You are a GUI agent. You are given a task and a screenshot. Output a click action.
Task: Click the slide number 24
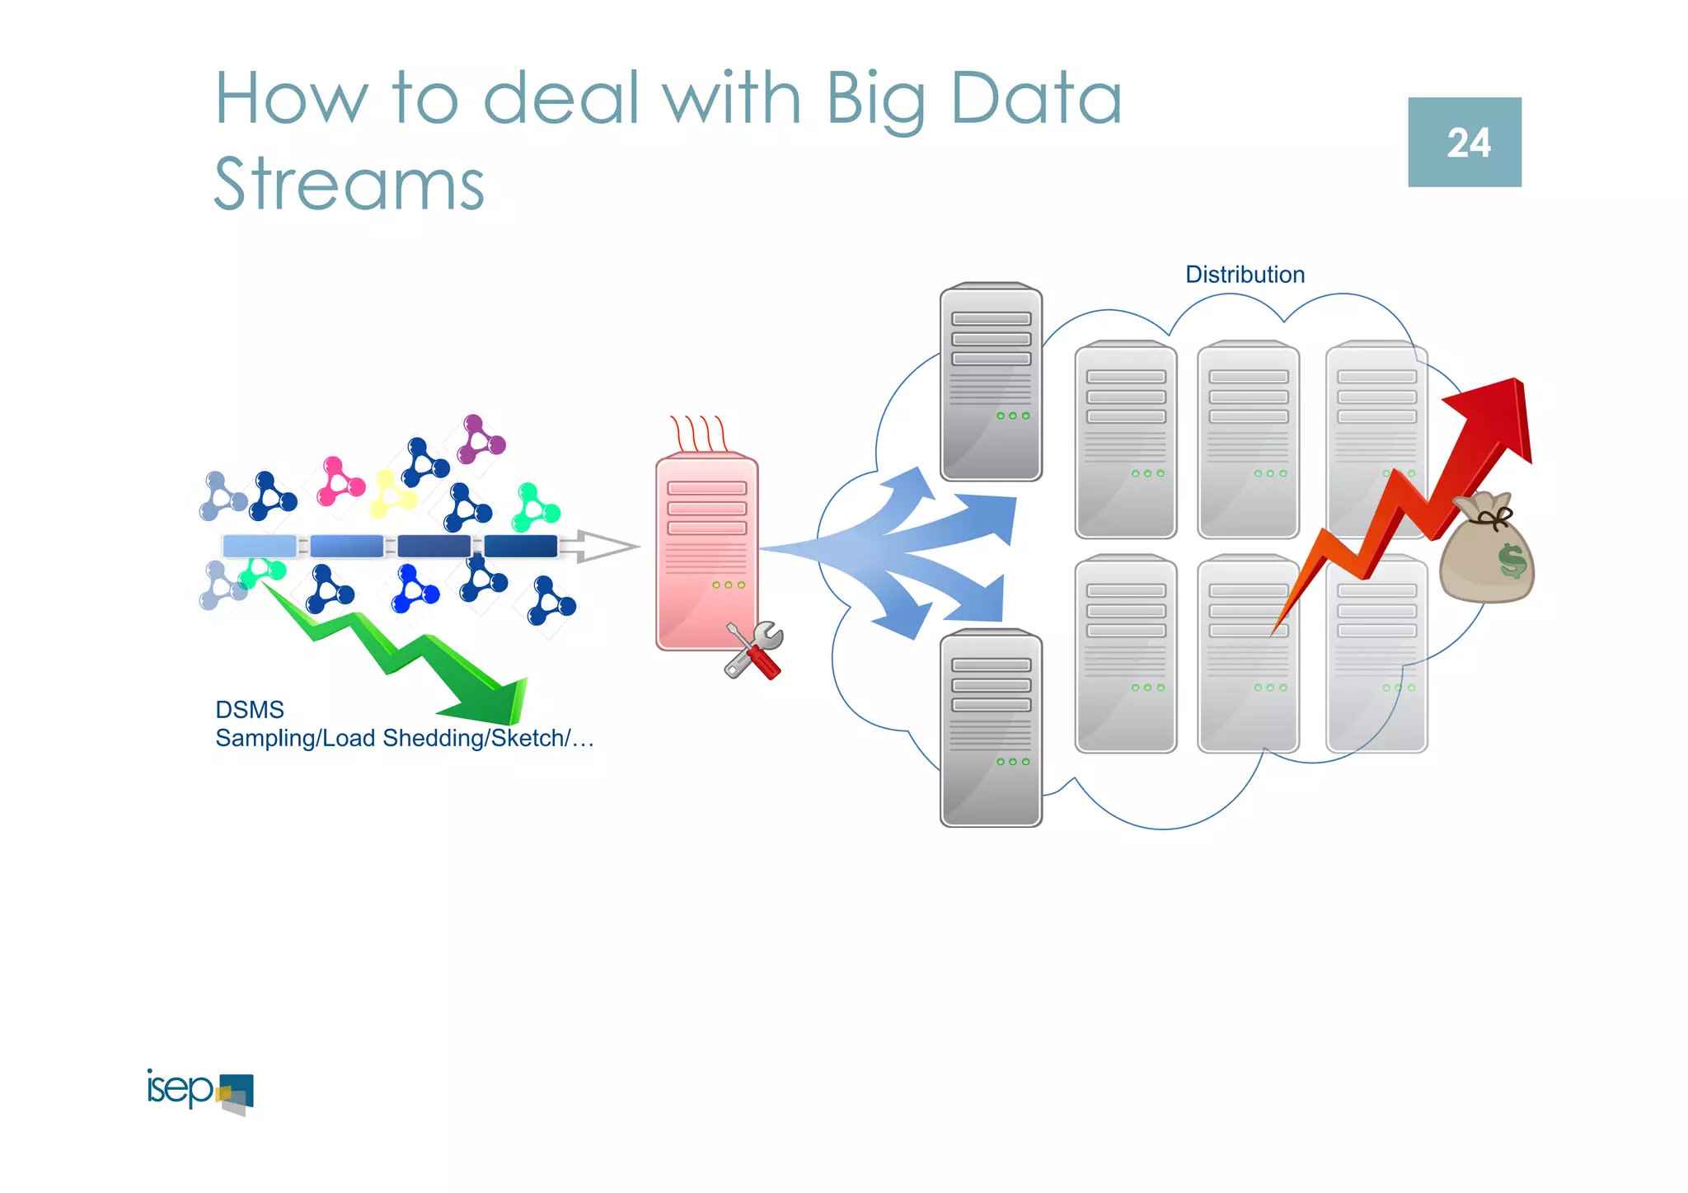(x=1468, y=143)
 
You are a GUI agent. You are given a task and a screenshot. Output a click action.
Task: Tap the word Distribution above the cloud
(x=1245, y=275)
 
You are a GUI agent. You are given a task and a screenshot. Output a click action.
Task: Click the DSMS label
(x=249, y=710)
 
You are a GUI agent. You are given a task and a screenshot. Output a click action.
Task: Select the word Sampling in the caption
(x=265, y=738)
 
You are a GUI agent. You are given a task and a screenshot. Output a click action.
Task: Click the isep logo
(x=199, y=1091)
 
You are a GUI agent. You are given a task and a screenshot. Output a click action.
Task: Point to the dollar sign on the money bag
(x=1512, y=561)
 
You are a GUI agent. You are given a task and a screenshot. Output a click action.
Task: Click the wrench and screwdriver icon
(x=754, y=651)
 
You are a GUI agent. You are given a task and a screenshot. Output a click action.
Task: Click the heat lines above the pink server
(x=698, y=432)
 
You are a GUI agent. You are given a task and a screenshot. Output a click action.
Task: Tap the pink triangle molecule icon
(x=339, y=481)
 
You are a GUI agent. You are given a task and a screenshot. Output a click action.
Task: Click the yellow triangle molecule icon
(x=392, y=494)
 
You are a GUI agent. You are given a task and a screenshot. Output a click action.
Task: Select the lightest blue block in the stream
(x=259, y=546)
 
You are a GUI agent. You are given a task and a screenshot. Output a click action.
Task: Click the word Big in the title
(x=875, y=99)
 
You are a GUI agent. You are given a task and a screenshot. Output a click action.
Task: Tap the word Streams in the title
(x=349, y=184)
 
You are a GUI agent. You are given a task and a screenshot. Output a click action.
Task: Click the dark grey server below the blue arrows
(x=991, y=728)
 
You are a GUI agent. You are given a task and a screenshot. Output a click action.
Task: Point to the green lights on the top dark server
(x=1013, y=416)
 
